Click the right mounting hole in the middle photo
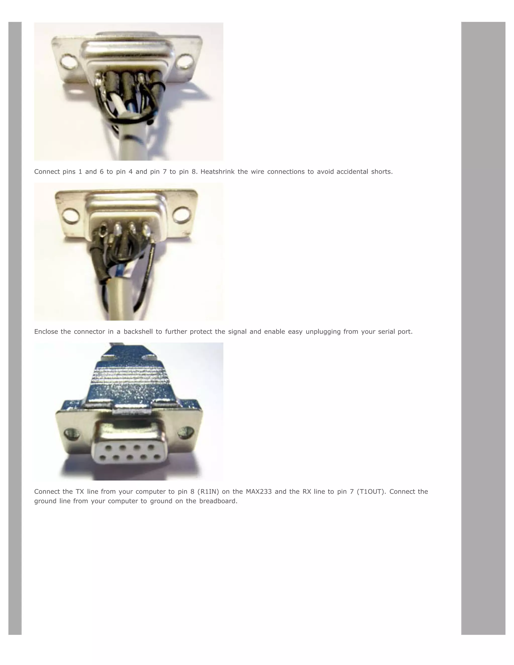click(x=182, y=214)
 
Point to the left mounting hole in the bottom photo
click(x=72, y=433)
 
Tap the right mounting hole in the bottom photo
click(x=186, y=432)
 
